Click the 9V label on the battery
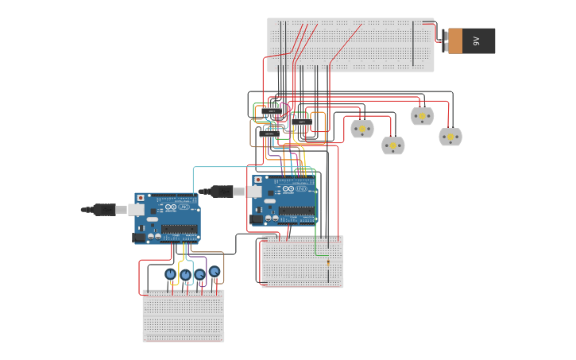[476, 41]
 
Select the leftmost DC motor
[362, 128]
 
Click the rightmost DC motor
[450, 137]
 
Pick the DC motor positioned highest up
[422, 116]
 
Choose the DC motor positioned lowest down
[393, 145]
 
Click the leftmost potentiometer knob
[170, 274]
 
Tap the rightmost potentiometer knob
[215, 271]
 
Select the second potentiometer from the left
[186, 275]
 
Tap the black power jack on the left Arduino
[138, 237]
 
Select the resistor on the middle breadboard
[327, 262]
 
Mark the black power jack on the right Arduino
[256, 219]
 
